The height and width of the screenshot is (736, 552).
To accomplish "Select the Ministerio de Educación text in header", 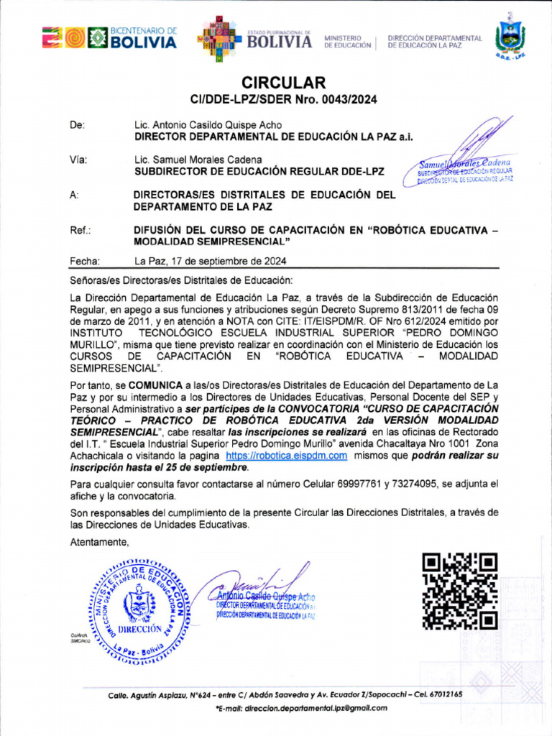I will (x=347, y=41).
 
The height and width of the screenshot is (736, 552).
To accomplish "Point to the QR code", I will (x=459, y=592).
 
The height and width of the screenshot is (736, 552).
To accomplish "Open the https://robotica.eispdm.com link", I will (x=287, y=456).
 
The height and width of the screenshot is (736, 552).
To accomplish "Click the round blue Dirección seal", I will (x=138, y=609).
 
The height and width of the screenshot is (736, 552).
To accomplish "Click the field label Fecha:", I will (x=84, y=262).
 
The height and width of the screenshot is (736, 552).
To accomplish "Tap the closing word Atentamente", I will (x=99, y=542).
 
